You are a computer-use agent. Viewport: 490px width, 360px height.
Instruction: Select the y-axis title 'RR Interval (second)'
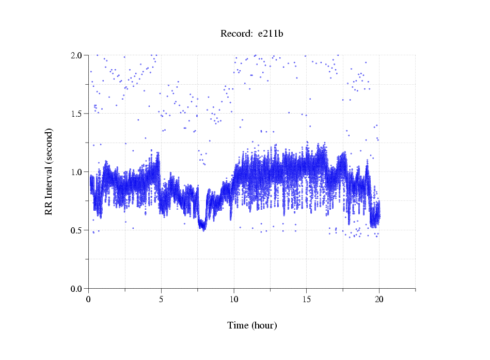pos(49,171)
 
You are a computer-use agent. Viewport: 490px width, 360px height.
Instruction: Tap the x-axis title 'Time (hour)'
pos(252,325)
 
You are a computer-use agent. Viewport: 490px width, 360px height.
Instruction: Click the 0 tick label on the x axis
pos(89,299)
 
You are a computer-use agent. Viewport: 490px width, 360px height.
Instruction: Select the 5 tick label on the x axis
pos(161,299)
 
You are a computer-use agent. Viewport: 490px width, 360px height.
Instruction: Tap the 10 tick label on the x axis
pos(234,299)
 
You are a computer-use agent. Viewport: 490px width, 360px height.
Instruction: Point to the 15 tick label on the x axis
pos(306,299)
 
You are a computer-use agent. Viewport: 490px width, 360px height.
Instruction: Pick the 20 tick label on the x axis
pos(379,299)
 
